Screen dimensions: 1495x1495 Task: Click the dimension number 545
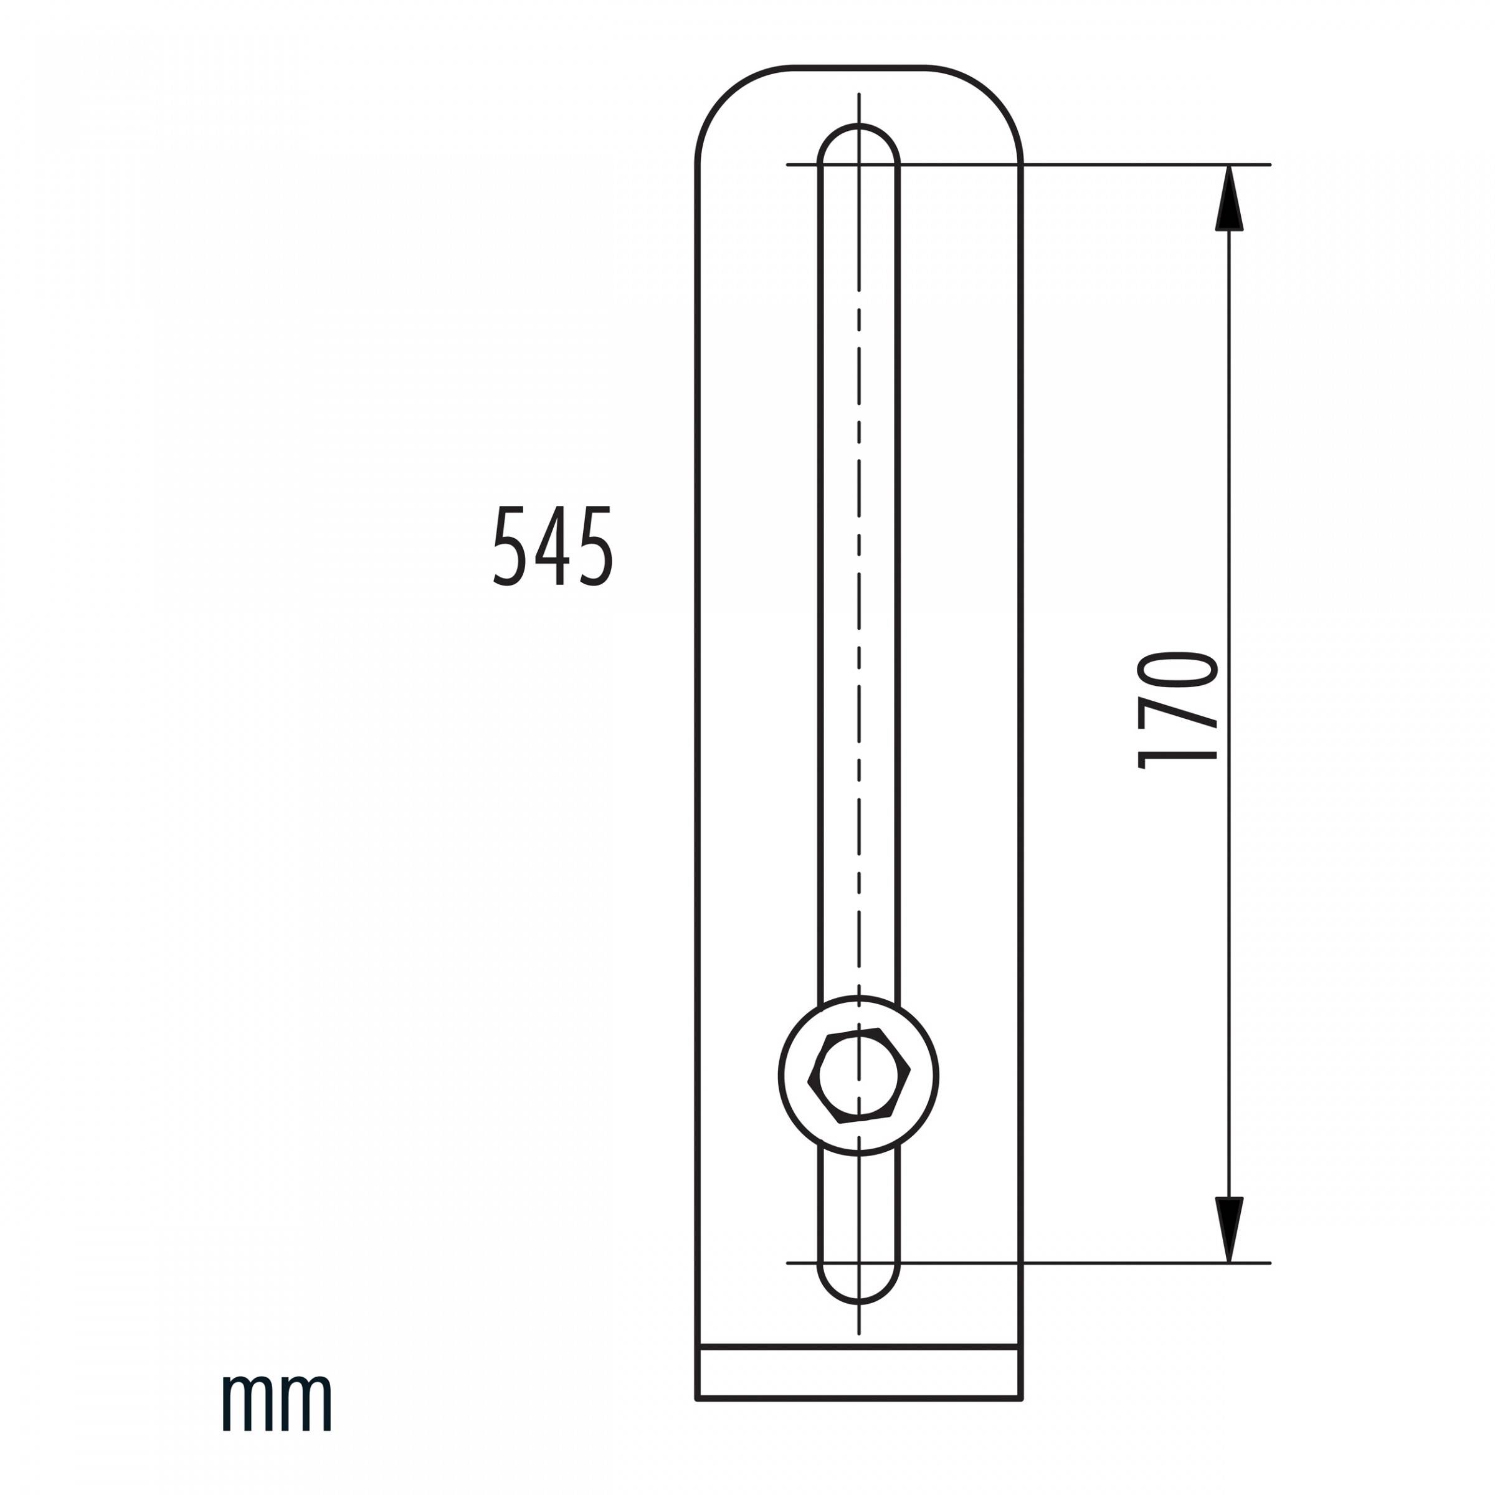tap(553, 546)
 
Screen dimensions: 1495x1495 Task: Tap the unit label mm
tap(277, 1402)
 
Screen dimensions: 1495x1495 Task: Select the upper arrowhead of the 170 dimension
tap(1229, 198)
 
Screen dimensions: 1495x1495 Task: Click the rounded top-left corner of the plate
tap(726, 95)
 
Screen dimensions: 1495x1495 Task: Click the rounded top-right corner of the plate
tap(993, 95)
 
